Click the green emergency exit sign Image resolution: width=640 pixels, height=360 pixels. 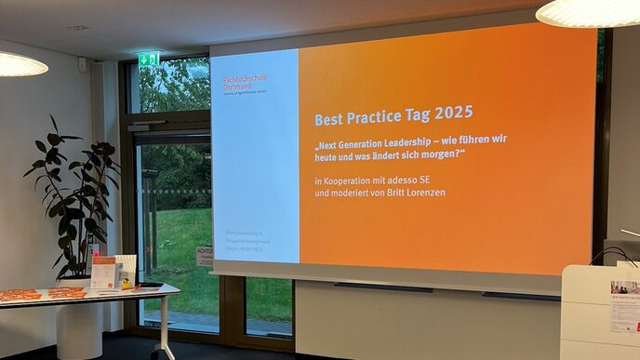pos(148,60)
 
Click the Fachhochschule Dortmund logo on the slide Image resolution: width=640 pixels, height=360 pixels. pos(245,82)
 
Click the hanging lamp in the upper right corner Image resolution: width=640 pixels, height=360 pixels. pos(588,12)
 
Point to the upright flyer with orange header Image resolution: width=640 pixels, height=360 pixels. pos(103,272)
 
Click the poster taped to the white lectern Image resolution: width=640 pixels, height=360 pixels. pos(625,307)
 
